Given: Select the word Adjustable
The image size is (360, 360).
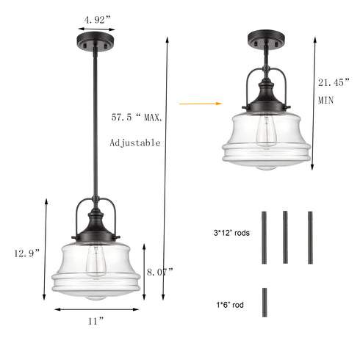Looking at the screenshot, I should (x=134, y=143).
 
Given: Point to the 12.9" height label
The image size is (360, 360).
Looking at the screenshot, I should (x=26, y=252).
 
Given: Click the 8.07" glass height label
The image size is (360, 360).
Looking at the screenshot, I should (x=159, y=271).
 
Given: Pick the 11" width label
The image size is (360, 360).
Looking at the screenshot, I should (x=95, y=320).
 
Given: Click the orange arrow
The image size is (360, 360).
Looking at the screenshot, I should (x=193, y=104).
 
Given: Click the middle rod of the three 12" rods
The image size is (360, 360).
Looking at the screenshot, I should (x=285, y=237).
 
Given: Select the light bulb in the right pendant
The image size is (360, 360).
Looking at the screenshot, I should (x=267, y=134).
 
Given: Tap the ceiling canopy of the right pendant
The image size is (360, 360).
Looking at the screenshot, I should (x=264, y=38).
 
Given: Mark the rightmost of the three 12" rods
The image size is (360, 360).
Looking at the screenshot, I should (x=310, y=237).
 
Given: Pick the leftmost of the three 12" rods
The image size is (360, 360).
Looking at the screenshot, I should (x=262, y=237).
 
